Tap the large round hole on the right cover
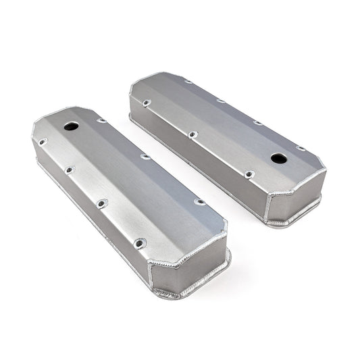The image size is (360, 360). click(x=278, y=159)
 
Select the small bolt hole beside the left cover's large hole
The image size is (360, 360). click(x=101, y=122)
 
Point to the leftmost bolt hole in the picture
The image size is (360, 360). click(x=43, y=143)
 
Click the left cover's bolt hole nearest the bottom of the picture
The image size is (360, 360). click(x=139, y=242)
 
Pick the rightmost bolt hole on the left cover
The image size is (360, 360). click(x=199, y=201)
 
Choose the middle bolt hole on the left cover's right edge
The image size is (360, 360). click(x=145, y=157)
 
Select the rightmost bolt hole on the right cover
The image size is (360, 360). click(x=300, y=149)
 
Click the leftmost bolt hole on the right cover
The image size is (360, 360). click(x=146, y=103)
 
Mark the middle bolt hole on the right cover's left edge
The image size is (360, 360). click(x=193, y=134)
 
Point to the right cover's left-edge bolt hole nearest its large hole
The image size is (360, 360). click(x=249, y=174)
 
